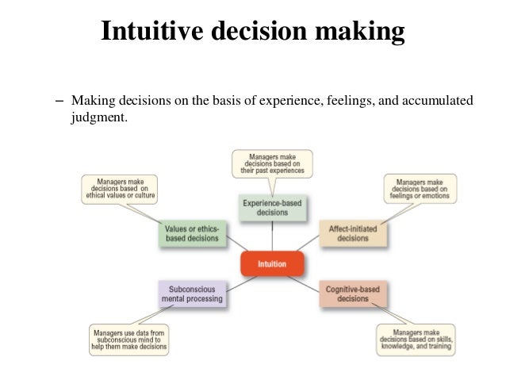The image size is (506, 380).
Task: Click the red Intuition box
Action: [272, 263]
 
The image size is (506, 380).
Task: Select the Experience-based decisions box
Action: [272, 207]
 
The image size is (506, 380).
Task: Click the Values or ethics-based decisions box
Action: [193, 233]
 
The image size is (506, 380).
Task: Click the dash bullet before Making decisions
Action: [59, 102]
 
